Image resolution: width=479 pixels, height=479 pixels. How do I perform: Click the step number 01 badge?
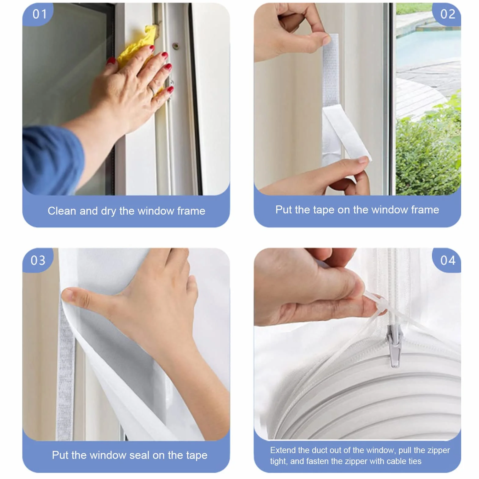tap(39, 14)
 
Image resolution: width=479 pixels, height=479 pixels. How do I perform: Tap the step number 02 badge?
tap(447, 14)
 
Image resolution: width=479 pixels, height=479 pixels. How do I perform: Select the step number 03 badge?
tap(38, 260)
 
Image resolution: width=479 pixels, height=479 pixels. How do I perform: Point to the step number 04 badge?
tap(447, 260)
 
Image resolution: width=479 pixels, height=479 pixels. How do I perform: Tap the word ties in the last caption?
tap(414, 461)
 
